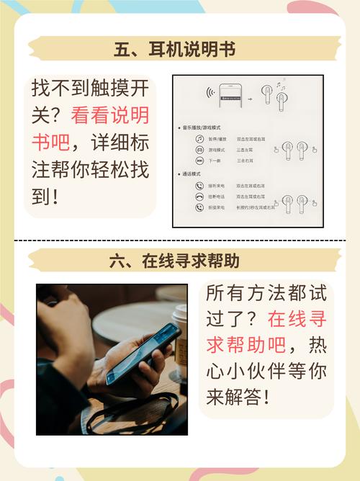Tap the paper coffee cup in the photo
[179, 338]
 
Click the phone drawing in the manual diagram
[231, 94]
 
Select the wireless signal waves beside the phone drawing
[210, 94]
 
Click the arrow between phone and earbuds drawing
[250, 95]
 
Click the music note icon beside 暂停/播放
[198, 139]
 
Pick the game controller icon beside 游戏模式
[198, 150]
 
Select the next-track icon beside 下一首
[198, 161]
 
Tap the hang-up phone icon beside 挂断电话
[198, 196]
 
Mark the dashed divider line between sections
[180, 240]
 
